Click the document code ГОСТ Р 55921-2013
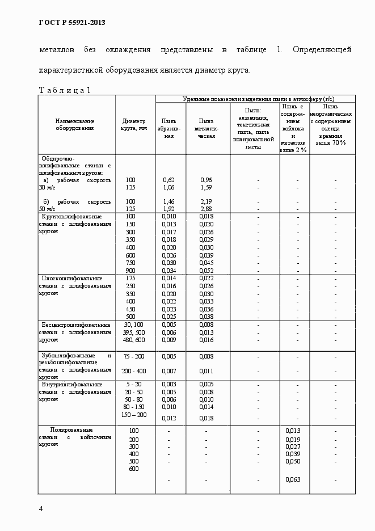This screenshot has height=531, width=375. point(72,23)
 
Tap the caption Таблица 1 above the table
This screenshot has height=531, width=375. point(64,90)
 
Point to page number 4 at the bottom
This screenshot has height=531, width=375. point(41,508)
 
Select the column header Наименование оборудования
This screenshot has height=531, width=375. point(75,124)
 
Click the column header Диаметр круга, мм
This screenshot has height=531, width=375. point(134,124)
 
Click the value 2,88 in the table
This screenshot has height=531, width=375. point(206,209)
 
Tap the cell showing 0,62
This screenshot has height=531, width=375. point(168,180)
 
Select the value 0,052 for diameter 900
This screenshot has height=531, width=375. point(206,271)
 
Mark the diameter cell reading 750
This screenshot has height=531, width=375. point(131,263)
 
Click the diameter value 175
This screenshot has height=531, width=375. point(131,278)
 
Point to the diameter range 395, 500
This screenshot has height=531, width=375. point(134,332)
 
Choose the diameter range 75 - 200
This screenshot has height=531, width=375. point(134,356)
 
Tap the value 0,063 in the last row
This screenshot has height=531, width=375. point(293,479)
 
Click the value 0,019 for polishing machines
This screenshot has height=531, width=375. point(293,440)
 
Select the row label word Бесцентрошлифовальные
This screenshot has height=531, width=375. point(72,324)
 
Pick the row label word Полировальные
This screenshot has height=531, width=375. point(71,430)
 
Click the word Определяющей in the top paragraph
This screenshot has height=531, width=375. point(322,50)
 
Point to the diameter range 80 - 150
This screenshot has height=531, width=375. point(133,407)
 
